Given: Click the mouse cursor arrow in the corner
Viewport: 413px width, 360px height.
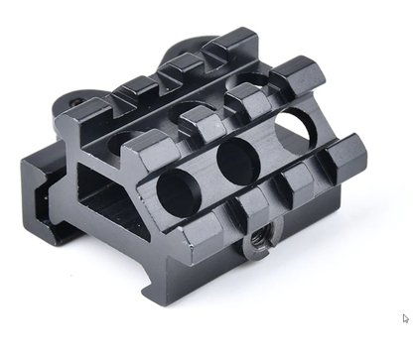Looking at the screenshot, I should click(405, 318).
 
